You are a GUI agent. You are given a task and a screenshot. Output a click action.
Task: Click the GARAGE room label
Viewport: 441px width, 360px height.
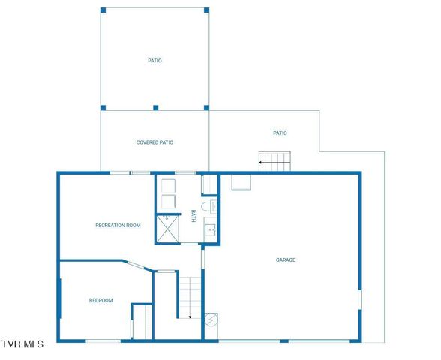[286, 260]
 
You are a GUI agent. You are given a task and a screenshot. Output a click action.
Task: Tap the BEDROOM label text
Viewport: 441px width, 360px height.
[101, 300]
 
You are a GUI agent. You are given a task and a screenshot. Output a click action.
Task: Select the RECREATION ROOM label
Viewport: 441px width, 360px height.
[118, 225]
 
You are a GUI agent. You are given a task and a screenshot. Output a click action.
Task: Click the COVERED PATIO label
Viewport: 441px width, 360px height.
[155, 142]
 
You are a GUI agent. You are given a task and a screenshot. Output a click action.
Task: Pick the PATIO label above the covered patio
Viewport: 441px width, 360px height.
[154, 61]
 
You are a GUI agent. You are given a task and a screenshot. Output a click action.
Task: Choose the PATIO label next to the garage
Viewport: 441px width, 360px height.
[280, 133]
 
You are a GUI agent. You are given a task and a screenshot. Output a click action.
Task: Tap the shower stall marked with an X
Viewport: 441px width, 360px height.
[167, 228]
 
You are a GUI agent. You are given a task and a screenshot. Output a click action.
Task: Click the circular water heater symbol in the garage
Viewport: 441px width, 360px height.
[211, 319]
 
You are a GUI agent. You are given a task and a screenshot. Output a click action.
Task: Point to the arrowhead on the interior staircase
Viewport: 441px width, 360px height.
[190, 317]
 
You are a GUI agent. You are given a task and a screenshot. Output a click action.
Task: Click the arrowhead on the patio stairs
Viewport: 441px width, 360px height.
[262, 161]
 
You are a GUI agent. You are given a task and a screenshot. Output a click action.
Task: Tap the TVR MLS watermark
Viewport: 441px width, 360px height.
[22, 343]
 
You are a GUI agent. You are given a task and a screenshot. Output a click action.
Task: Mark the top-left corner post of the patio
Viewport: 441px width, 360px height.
[103, 10]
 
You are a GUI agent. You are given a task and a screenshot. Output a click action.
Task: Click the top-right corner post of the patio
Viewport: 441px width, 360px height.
[207, 10]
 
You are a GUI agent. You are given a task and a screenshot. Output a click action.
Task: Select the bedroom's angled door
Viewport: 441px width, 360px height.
[136, 264]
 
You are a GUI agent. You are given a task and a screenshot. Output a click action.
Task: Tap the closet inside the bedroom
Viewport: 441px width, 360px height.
[142, 321]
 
